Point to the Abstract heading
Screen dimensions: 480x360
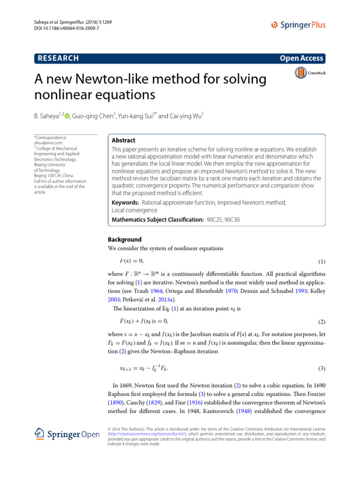[x=124, y=140]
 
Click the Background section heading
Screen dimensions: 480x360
[x=124, y=239]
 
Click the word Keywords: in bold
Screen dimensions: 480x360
[x=125, y=202]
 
